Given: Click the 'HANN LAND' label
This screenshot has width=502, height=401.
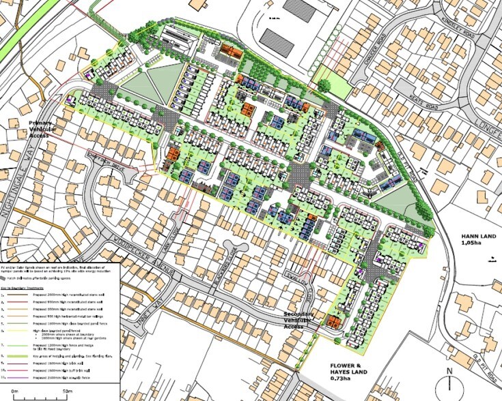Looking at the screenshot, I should pyautogui.click(x=471, y=238).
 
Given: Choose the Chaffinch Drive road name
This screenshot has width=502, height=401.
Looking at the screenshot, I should pyautogui.click(x=102, y=158).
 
